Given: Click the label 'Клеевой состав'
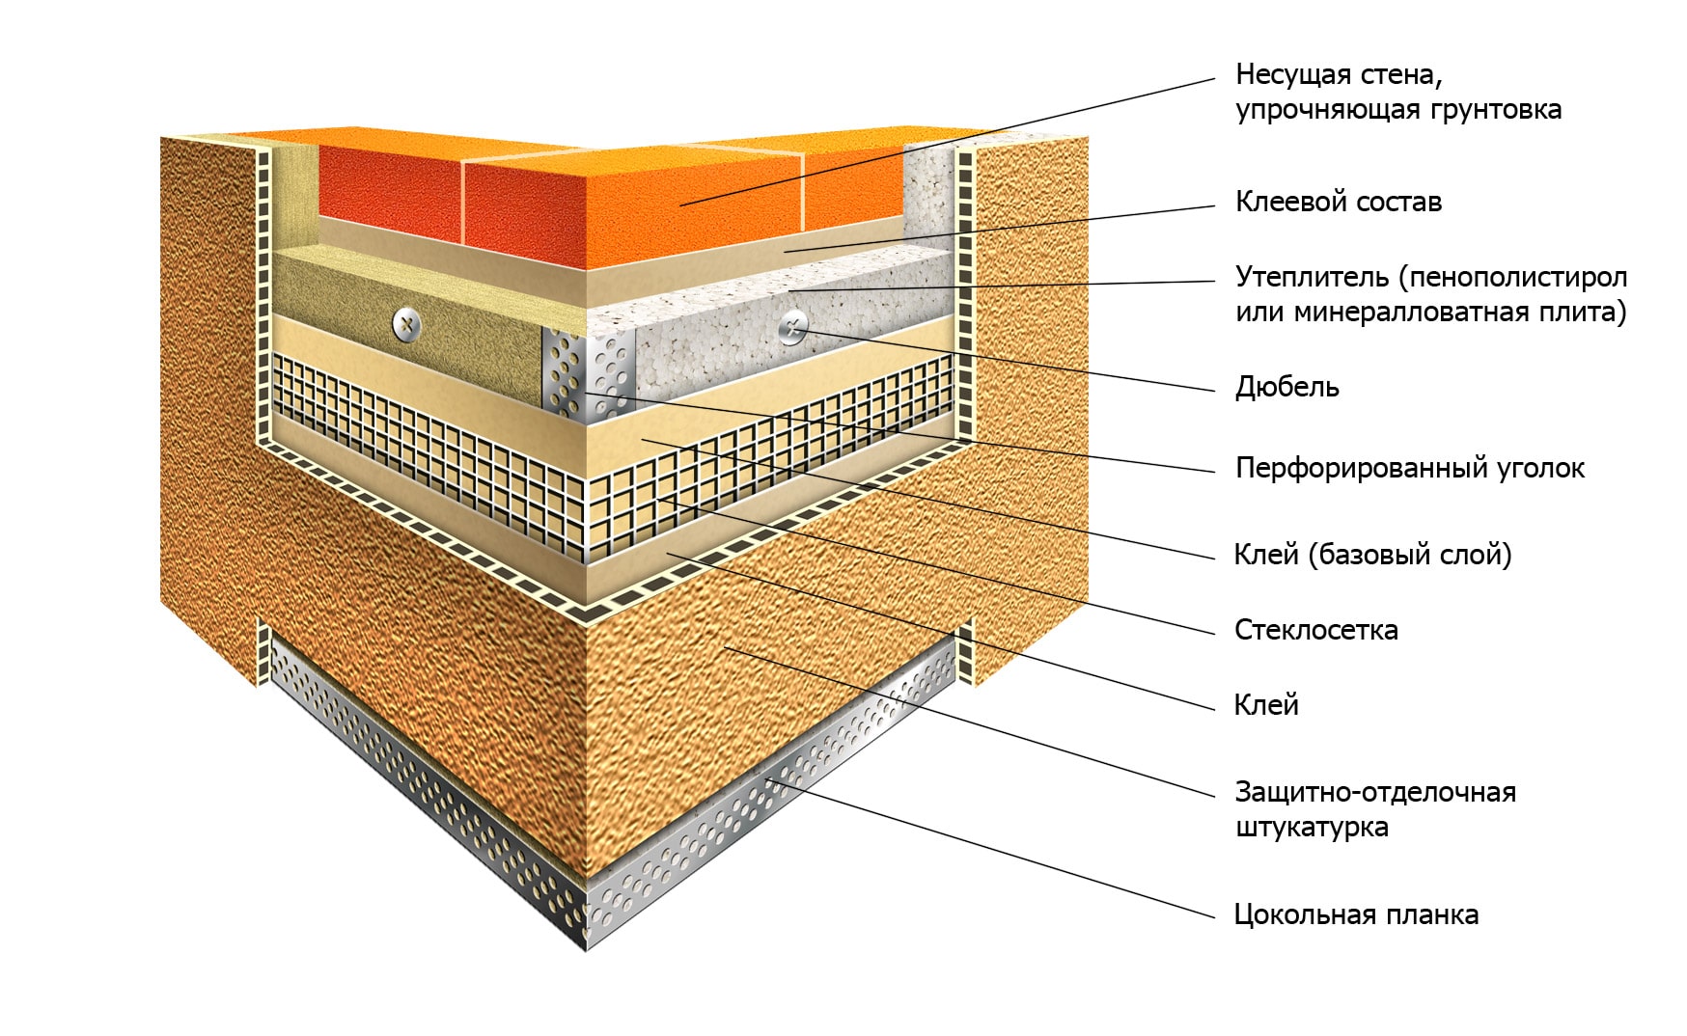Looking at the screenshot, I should click(x=1338, y=202).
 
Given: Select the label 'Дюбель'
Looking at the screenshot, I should click(x=1286, y=387).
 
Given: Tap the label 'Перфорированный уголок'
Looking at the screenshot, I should click(x=1409, y=468).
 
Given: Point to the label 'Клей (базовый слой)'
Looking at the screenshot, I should click(x=1372, y=555).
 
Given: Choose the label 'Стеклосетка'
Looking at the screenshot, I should click(x=1315, y=630).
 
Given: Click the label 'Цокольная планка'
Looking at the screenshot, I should click(x=1356, y=914).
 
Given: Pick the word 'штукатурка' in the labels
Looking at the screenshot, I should click(x=1312, y=827).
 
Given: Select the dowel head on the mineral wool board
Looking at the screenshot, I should click(x=407, y=324).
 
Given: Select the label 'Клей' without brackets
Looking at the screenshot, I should click(x=1266, y=705).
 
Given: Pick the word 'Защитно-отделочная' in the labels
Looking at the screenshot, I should click(x=1375, y=792).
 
